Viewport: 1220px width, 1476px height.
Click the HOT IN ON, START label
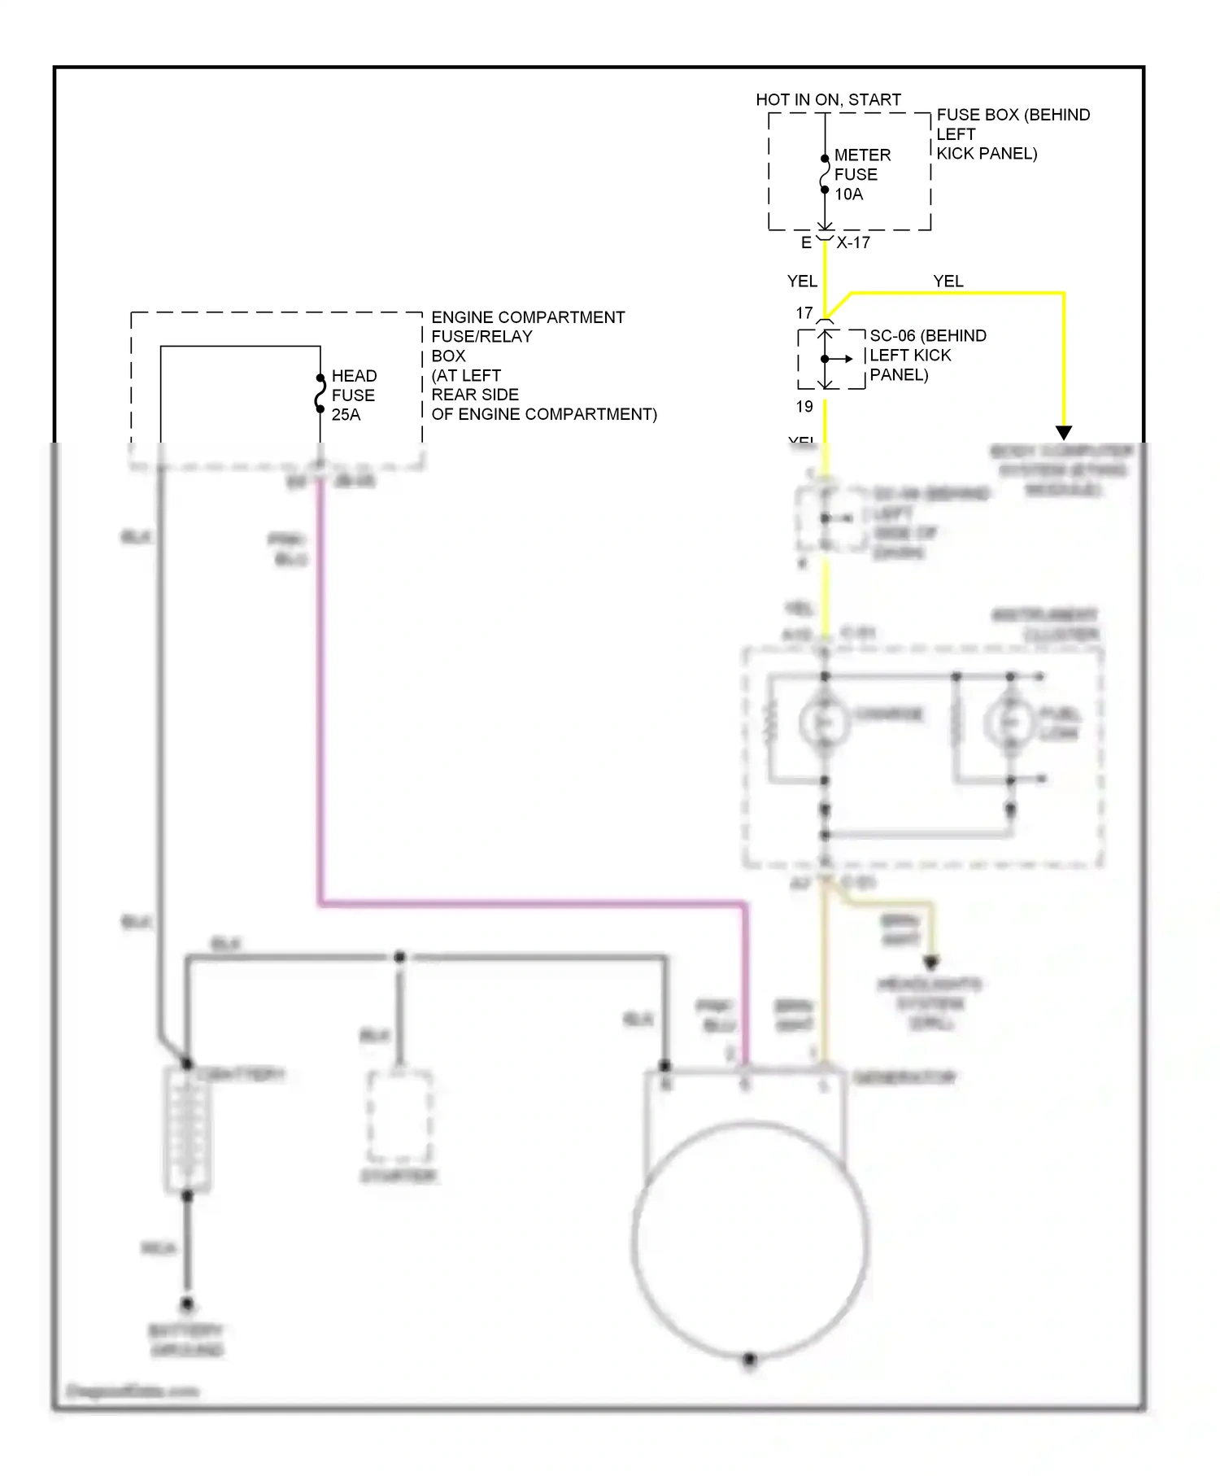pos(828,99)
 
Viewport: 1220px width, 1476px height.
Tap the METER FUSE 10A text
pos(861,174)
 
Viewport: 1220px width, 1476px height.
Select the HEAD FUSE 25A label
pos(353,395)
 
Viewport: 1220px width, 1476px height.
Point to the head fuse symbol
pos(320,394)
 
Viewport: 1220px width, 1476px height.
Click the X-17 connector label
pos(853,242)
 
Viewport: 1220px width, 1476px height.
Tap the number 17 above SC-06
pos(804,313)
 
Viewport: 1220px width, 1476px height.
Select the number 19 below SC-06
pos(804,406)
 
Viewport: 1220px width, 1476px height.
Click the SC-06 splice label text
pos(927,355)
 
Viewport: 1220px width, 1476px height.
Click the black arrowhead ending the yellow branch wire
pos(1063,432)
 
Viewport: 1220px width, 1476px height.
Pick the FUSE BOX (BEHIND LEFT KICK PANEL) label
pos(1012,134)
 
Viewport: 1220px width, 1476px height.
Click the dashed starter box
pos(399,1116)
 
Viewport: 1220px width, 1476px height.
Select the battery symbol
pos(188,1130)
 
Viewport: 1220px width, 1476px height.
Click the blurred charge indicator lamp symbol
pos(824,722)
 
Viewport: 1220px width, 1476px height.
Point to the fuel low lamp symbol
pos(1009,722)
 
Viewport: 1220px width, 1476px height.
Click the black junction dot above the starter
pos(399,957)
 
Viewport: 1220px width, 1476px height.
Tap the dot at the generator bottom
pos(750,1359)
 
